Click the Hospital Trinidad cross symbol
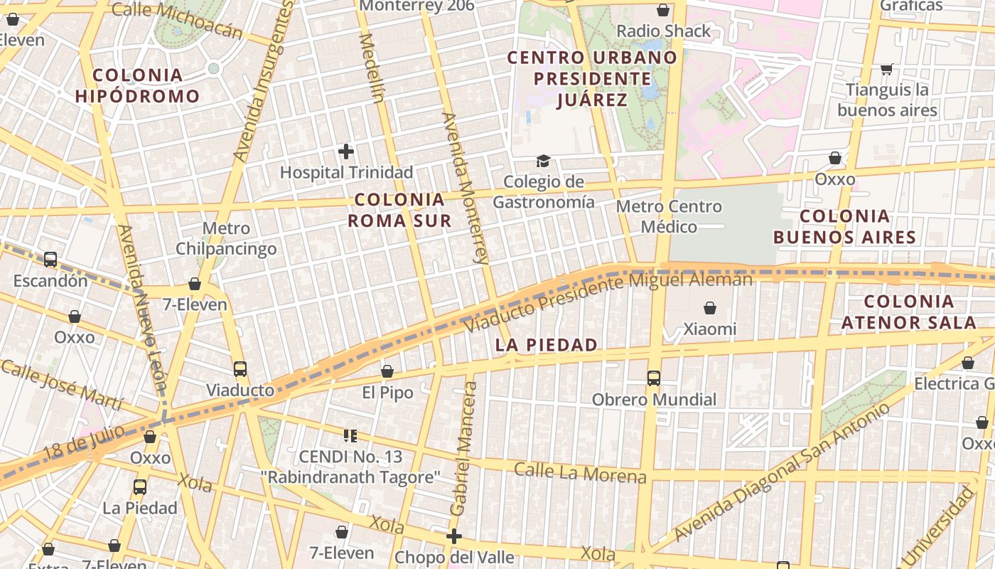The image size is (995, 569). pyautogui.click(x=346, y=151)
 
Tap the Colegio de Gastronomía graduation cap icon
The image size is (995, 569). pyautogui.click(x=544, y=161)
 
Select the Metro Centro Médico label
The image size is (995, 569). pyautogui.click(x=669, y=216)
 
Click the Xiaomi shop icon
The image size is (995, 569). pyautogui.click(x=709, y=308)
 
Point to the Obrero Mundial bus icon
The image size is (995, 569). pyautogui.click(x=654, y=378)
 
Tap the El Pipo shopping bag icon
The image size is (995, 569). pyautogui.click(x=387, y=371)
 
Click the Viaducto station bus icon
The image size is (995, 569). pyautogui.click(x=240, y=369)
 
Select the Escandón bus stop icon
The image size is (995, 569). pyautogui.click(x=50, y=260)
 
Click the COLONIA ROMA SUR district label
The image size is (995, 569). pyautogui.click(x=399, y=210)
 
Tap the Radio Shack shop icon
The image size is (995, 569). pyautogui.click(x=663, y=10)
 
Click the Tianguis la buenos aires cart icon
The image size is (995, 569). pyautogui.click(x=886, y=69)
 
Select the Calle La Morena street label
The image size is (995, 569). pyautogui.click(x=580, y=472)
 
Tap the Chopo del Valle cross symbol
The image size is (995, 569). pyautogui.click(x=454, y=536)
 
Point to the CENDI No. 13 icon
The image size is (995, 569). pyautogui.click(x=350, y=435)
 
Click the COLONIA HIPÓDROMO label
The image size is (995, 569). pyautogui.click(x=137, y=85)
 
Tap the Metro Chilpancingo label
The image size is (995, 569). pyautogui.click(x=226, y=238)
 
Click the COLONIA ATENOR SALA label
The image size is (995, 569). pyautogui.click(x=908, y=312)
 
